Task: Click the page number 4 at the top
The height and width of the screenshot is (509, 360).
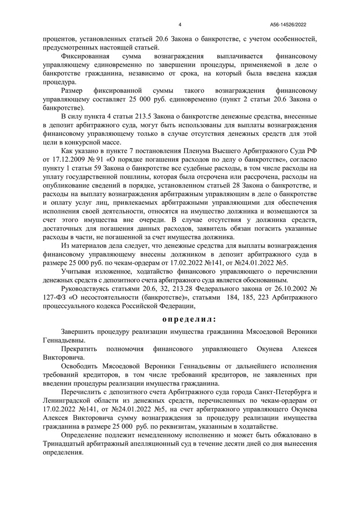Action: tap(180, 25)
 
